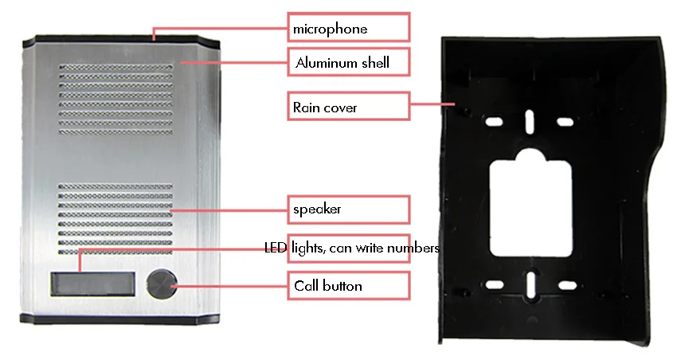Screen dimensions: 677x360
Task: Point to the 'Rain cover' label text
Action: click(324, 106)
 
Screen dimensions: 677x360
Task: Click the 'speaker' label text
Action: click(317, 209)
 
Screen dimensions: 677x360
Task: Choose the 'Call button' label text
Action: click(327, 286)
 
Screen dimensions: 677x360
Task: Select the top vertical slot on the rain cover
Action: click(529, 121)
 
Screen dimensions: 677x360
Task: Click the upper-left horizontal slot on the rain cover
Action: click(493, 122)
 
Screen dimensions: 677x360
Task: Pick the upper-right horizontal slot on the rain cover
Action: click(565, 122)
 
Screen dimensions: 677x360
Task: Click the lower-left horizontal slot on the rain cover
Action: click(493, 285)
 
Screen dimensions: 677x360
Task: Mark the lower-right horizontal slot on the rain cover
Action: click(565, 285)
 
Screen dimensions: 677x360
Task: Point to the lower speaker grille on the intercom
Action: click(115, 219)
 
